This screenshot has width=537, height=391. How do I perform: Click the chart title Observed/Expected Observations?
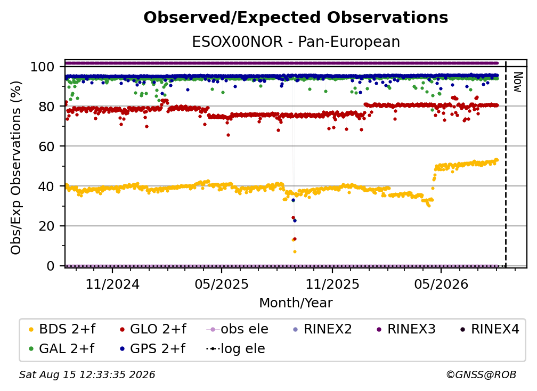296,18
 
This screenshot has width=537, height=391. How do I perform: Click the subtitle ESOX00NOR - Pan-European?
296,42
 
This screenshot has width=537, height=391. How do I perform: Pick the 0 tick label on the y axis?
50,266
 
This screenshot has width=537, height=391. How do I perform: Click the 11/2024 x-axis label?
112,284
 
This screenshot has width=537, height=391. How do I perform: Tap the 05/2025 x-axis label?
222,284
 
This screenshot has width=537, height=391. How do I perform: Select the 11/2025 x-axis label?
332,284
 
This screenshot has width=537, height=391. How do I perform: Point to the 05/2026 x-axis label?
441,284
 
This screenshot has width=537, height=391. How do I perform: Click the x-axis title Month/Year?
296,303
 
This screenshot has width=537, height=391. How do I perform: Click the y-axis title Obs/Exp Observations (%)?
16,167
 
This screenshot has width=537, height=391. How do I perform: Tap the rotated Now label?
517,82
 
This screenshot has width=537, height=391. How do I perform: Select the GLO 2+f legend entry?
153,329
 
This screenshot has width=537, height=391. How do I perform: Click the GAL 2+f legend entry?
61,348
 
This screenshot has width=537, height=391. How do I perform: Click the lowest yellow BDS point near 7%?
295,251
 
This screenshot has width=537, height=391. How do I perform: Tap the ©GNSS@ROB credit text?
481,374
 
